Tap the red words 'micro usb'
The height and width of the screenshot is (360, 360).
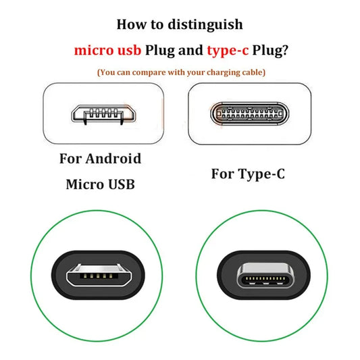click(107, 50)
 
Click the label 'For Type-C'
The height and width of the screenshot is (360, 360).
click(248, 174)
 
